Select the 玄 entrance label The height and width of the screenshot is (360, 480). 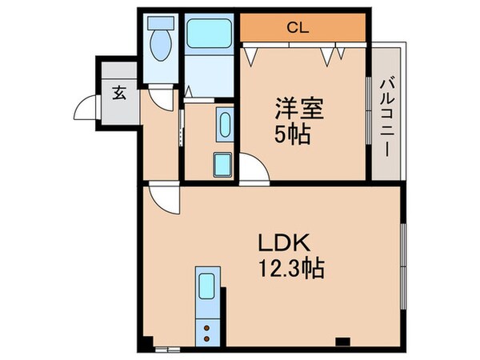point(118,92)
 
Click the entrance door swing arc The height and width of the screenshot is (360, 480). point(86,108)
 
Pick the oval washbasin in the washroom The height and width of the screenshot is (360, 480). point(222,124)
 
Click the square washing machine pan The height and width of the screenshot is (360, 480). point(222,164)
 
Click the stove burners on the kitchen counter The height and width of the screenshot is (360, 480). point(208,330)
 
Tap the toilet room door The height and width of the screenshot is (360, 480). point(163,98)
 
